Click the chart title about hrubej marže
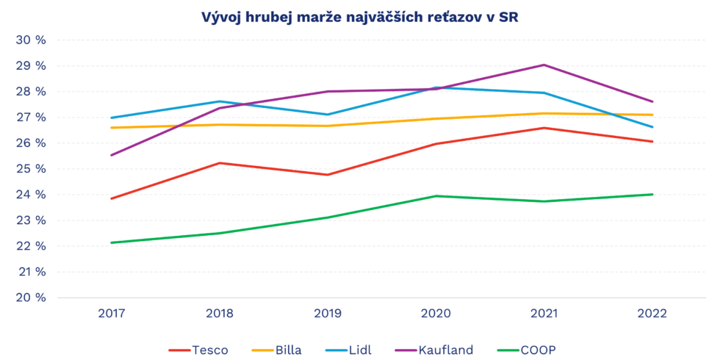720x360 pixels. point(360,17)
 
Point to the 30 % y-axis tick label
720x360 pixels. point(31,40)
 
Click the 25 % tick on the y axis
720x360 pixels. point(31,169)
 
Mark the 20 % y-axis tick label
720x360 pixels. point(31,298)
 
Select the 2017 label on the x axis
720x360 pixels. point(111,314)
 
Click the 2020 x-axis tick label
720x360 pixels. point(436,314)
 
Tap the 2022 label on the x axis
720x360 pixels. point(652,314)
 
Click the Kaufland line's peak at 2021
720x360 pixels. point(544,65)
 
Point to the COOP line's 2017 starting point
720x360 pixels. point(111,242)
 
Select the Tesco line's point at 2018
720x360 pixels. point(219,163)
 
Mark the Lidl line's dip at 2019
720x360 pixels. point(328,115)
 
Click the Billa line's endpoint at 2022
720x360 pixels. point(652,115)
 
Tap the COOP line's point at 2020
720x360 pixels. point(436,196)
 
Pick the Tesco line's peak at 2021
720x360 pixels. point(544,128)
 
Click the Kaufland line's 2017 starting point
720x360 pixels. point(111,155)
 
